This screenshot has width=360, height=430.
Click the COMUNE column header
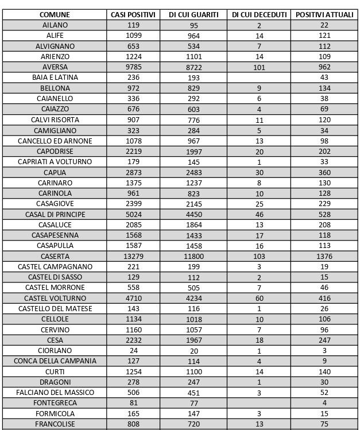tap(55, 14)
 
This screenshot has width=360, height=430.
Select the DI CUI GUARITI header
tap(193, 14)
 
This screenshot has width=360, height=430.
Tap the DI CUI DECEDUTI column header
tap(259, 14)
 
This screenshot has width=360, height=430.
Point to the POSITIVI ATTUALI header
tap(324, 14)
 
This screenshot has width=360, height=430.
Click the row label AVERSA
tap(55, 67)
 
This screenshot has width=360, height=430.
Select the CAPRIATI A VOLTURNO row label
tap(55, 162)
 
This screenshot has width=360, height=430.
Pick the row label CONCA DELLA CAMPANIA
tap(55, 361)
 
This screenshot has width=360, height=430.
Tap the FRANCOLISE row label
tap(55, 424)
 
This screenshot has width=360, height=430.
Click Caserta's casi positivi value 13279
tap(133, 257)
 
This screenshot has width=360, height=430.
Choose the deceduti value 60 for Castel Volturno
tap(259, 299)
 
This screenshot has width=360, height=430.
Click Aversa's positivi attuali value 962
tap(324, 67)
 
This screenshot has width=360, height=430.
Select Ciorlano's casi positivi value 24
tap(133, 351)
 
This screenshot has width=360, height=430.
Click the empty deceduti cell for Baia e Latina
tap(259, 78)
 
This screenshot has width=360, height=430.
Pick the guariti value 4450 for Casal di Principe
tap(193, 215)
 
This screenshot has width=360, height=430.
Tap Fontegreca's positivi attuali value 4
tap(324, 403)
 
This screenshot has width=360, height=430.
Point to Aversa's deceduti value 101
tap(259, 67)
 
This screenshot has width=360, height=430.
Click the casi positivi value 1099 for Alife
tap(133, 36)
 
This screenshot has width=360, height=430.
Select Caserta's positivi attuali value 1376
tap(324, 257)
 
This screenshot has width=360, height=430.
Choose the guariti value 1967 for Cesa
tap(193, 340)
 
